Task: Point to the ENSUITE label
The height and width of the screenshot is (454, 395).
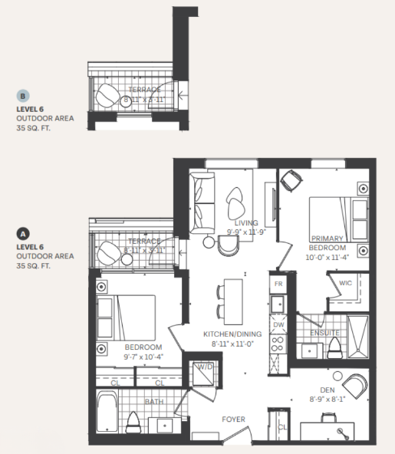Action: click(x=324, y=333)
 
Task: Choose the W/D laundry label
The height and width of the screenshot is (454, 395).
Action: click(x=205, y=368)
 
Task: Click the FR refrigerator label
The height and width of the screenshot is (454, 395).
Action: click(x=278, y=284)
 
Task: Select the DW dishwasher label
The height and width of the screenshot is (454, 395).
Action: click(x=278, y=324)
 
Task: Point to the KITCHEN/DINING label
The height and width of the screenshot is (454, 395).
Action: click(x=232, y=334)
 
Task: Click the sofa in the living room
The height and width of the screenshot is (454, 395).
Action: click(x=202, y=198)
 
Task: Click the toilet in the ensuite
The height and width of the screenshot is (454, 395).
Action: click(x=334, y=348)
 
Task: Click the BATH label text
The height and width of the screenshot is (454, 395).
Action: click(x=153, y=402)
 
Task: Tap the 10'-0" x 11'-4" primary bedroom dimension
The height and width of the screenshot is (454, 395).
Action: click(x=328, y=258)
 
